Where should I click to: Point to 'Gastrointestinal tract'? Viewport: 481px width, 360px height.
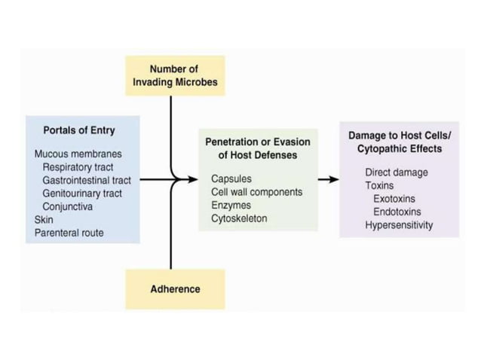click(x=87, y=180)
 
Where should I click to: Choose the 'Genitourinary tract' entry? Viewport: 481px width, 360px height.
click(x=83, y=193)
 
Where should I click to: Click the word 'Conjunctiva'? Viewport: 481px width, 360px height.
click(x=68, y=206)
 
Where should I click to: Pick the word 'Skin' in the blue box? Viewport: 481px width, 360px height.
click(x=44, y=220)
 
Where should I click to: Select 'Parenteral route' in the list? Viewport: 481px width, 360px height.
click(x=69, y=233)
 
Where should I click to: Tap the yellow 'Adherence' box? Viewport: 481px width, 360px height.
click(x=175, y=288)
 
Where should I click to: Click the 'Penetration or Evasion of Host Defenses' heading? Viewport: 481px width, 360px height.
click(x=257, y=148)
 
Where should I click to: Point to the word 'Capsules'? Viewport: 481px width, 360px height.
click(x=231, y=179)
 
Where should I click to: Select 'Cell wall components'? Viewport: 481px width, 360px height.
click(x=256, y=192)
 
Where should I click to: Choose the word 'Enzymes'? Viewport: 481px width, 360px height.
click(x=231, y=205)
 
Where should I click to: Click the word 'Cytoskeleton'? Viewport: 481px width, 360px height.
click(x=239, y=218)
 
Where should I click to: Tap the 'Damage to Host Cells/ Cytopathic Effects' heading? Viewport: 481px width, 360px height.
click(x=399, y=142)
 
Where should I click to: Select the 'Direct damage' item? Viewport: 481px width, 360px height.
click(x=396, y=172)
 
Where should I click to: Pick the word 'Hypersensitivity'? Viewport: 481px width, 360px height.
click(x=399, y=225)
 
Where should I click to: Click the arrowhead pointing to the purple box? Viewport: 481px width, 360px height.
click(x=333, y=179)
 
